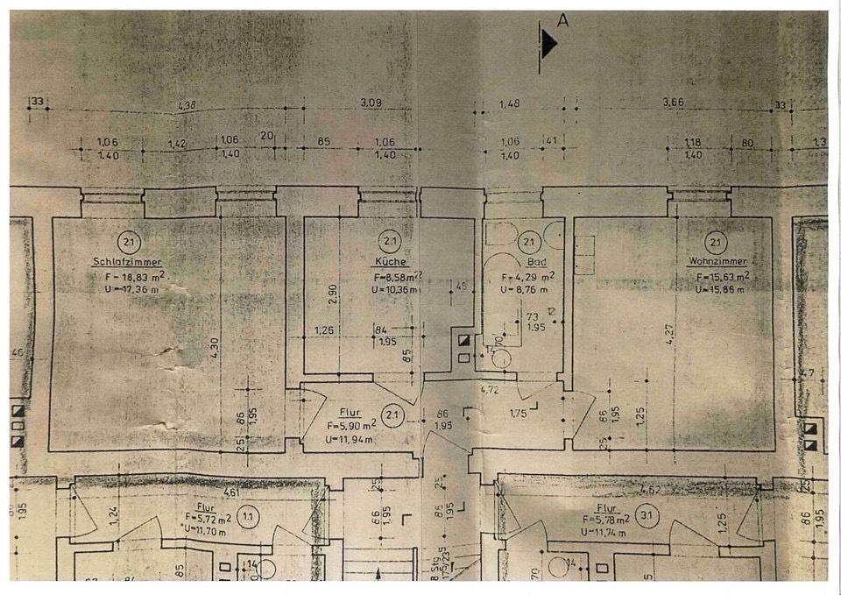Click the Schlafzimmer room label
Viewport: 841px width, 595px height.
pos(127,261)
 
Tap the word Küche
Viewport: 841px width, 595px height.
pos(390,261)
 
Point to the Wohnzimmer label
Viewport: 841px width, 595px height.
pos(717,261)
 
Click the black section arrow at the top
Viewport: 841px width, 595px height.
pos(548,43)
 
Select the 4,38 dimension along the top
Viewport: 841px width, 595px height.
pos(187,106)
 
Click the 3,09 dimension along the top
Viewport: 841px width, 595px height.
pos(371,103)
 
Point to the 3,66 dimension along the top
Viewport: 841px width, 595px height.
pos(673,103)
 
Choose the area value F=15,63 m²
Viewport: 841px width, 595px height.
pos(722,276)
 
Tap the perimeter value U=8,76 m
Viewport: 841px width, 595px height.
pos(526,288)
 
